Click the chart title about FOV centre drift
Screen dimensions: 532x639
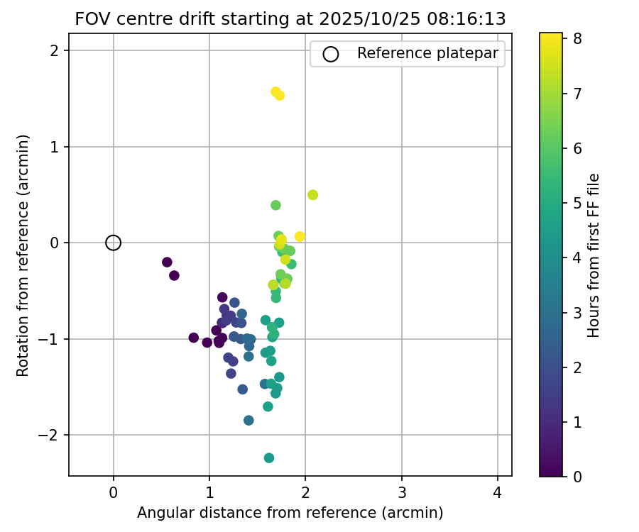(290, 19)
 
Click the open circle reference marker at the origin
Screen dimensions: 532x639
(114, 243)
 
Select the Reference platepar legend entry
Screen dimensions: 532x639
(406, 53)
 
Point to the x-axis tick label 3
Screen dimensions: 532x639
(402, 492)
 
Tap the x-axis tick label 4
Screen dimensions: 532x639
(498, 492)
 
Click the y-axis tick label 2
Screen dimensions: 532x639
(55, 51)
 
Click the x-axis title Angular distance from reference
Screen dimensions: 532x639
(290, 512)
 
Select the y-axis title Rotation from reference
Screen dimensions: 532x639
(23, 255)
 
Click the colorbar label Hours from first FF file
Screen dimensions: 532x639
(594, 255)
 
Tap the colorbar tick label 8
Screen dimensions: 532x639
(578, 39)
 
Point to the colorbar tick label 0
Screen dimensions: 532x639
(578, 476)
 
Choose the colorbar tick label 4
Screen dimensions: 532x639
(578, 257)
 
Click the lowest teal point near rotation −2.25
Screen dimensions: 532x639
(269, 458)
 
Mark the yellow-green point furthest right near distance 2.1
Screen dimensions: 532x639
(312, 195)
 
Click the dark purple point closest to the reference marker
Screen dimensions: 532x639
(167, 262)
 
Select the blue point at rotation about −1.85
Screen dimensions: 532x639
(248, 421)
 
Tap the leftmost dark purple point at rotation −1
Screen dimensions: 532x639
(194, 338)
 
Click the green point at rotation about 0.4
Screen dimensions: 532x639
(275, 205)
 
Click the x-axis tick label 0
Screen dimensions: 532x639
(114, 492)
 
